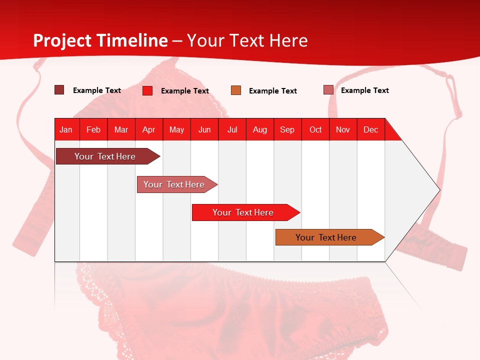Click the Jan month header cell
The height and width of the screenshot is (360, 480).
[66, 129]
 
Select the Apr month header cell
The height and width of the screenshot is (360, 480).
[149, 129]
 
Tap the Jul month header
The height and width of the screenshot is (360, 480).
[232, 129]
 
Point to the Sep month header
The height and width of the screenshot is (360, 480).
[287, 129]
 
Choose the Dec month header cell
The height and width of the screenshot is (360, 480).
[370, 129]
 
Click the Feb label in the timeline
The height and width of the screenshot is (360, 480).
[93, 129]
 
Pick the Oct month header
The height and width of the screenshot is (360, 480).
[315, 129]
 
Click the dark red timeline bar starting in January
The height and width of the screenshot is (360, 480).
[105, 156]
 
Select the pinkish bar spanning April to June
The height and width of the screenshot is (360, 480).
[174, 184]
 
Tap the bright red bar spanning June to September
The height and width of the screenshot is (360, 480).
[243, 212]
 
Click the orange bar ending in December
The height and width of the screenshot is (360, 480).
[326, 237]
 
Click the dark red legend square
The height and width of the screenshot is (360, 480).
[59, 90]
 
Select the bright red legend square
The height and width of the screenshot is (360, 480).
[147, 90]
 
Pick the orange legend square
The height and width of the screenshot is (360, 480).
[236, 90]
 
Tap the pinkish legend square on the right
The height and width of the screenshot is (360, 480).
[328, 90]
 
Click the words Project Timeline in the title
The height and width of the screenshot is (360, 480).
[100, 40]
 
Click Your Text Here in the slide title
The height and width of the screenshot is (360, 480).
[247, 40]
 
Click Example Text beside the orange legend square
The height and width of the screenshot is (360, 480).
[272, 91]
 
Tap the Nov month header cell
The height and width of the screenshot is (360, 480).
[343, 129]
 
